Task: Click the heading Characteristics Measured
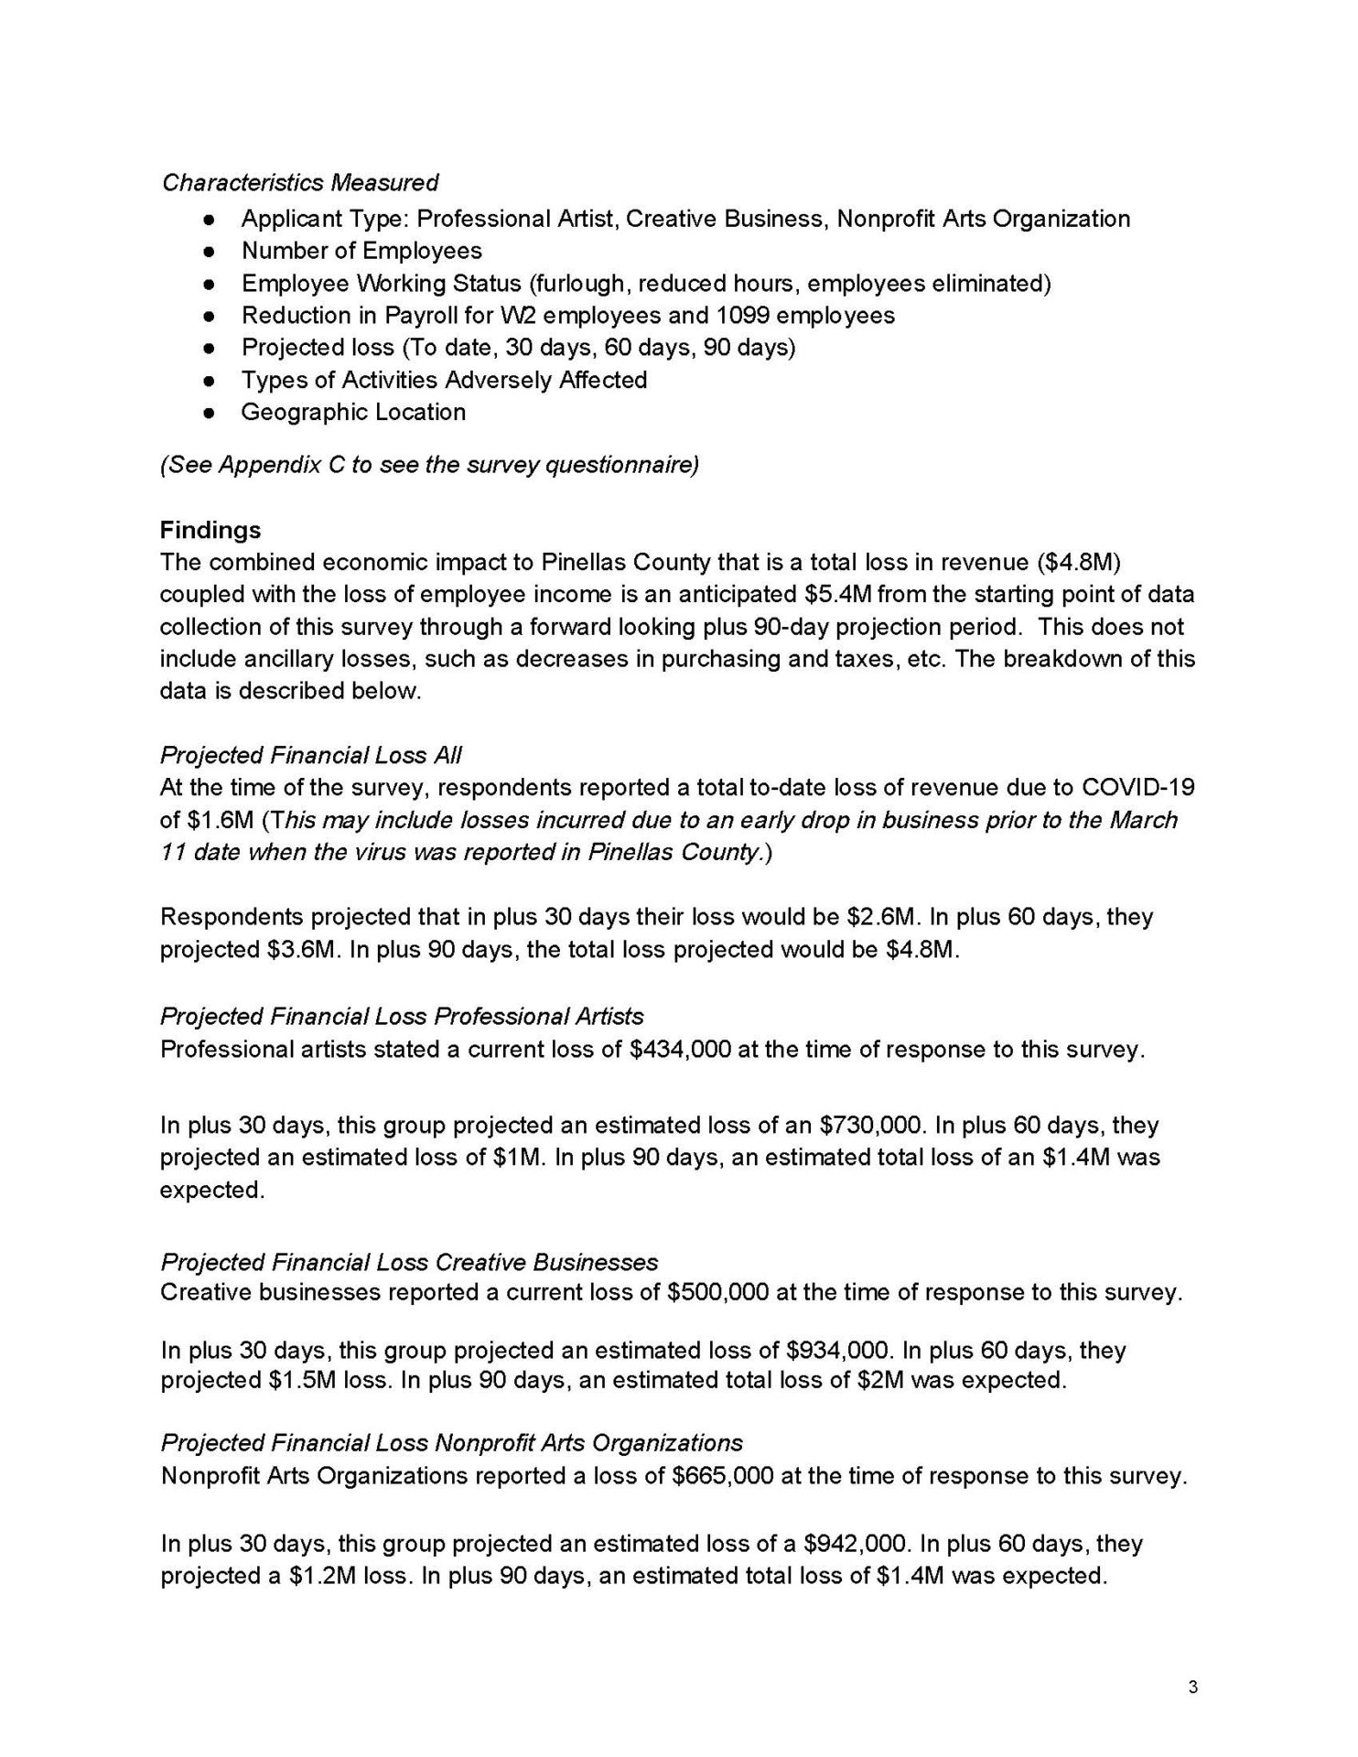point(299,183)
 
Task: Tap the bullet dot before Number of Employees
point(210,252)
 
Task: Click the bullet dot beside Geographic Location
point(210,413)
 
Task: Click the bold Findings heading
point(210,531)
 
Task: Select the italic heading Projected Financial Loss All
point(311,756)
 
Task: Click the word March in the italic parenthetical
point(1143,820)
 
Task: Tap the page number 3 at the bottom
point(1191,1688)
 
